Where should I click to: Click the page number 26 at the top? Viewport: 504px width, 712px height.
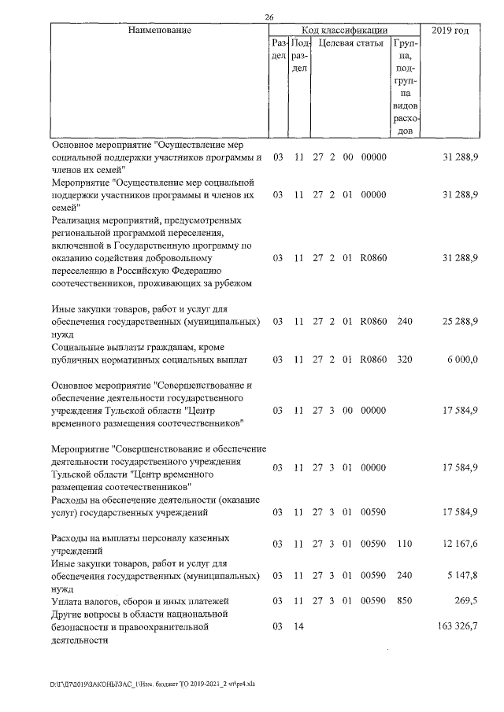(269, 17)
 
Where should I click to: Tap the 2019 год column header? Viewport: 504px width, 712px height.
(452, 31)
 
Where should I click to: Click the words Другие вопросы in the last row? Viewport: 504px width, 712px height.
(88, 614)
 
